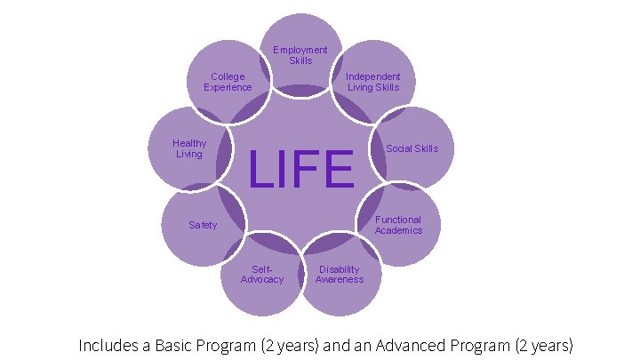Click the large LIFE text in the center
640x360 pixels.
coord(301,170)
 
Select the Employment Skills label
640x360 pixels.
coord(300,55)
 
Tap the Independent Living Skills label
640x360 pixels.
coord(372,82)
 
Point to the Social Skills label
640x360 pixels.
coord(412,148)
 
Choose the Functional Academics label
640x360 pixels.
coord(398,225)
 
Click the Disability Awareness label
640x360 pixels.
coord(339,274)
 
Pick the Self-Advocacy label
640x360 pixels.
coord(262,274)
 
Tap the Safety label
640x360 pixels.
coord(203,225)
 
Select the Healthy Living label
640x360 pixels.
coord(189,148)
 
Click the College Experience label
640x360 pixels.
coord(228,82)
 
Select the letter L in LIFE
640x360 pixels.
coord(261,170)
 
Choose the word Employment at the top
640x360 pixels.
coord(300,50)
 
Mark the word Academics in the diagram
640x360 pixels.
coord(398,230)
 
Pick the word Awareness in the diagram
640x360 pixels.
coord(339,279)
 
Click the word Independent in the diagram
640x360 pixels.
coord(372,76)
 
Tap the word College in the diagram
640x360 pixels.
coord(228,76)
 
